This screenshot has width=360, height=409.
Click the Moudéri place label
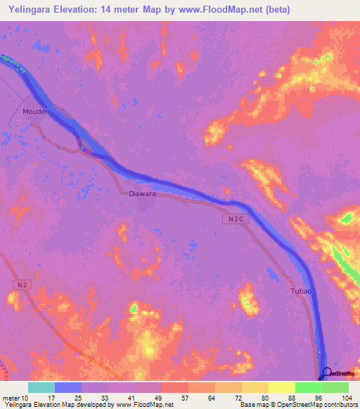37,111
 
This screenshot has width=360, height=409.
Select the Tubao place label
300,291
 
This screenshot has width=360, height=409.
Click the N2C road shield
238,220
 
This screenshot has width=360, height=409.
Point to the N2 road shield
22,284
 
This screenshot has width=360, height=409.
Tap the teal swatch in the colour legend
41,387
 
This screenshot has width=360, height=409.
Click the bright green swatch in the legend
308,387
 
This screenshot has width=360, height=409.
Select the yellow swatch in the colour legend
281,387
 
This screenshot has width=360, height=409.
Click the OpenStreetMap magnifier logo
326,372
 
